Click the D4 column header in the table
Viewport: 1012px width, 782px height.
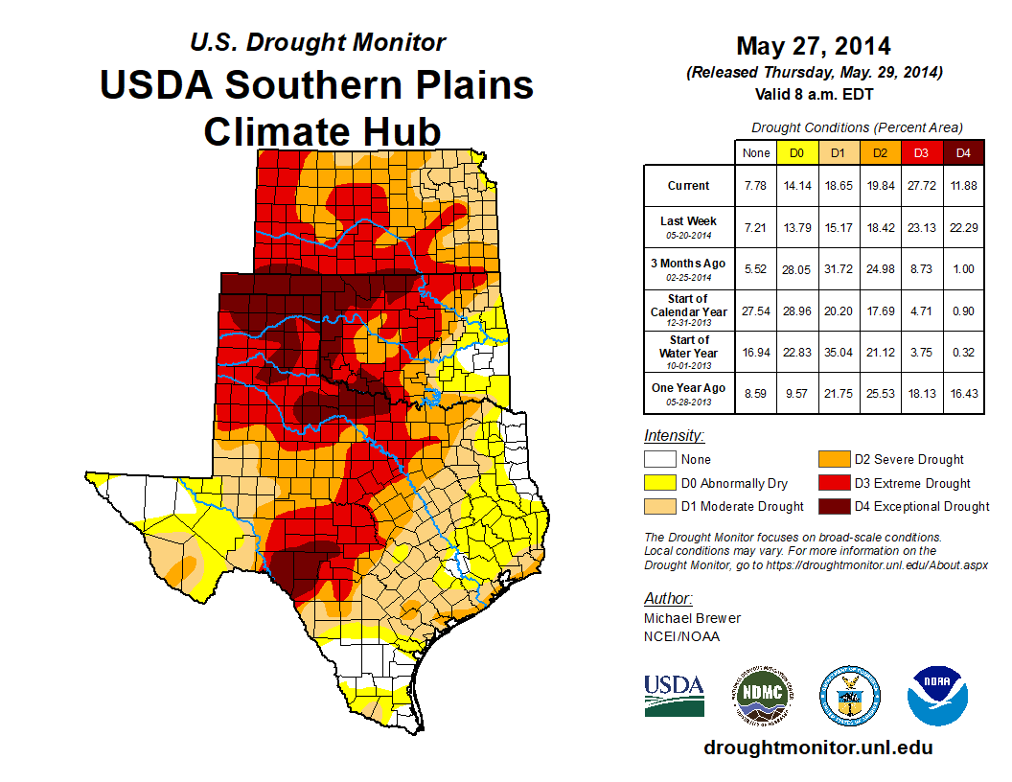pos(963,152)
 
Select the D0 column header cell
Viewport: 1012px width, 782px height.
pos(795,152)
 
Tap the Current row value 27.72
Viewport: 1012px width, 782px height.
pos(921,186)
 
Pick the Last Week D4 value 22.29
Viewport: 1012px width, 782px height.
pos(963,227)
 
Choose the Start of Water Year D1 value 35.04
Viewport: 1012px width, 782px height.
pos(838,352)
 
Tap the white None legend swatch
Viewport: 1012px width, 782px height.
pos(658,460)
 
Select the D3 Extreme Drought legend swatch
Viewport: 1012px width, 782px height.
pos(833,483)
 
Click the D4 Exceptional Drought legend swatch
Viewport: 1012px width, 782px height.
pos(833,506)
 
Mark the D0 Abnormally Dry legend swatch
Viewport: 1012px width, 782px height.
pos(658,483)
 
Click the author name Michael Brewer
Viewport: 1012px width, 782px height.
pos(691,618)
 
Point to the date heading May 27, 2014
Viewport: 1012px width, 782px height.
pos(814,46)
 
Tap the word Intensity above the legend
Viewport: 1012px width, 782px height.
pos(674,436)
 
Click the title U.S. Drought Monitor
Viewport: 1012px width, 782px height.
pos(317,42)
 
